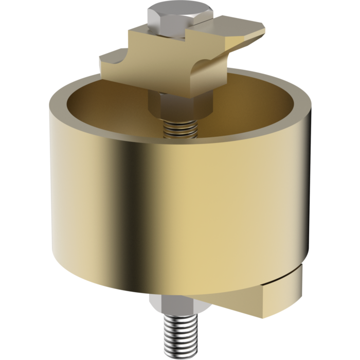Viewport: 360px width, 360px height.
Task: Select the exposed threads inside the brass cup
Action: (181, 130)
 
